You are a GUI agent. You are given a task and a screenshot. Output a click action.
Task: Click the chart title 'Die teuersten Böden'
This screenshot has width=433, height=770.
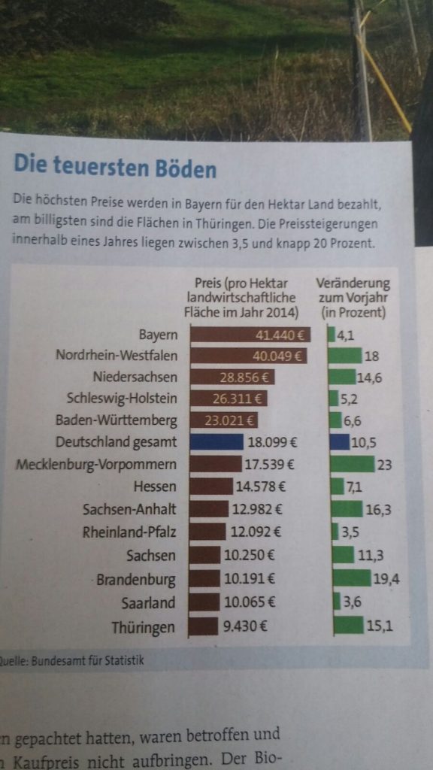[x=114, y=165]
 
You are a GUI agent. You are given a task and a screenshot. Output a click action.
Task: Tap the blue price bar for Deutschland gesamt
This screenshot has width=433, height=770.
[x=216, y=442]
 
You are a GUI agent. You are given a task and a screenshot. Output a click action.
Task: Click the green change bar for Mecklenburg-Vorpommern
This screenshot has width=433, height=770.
[x=352, y=465]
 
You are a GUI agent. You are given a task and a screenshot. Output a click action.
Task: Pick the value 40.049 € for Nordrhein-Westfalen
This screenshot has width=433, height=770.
[x=277, y=356]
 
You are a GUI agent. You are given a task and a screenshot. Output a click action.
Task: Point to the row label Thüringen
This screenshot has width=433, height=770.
[x=143, y=627]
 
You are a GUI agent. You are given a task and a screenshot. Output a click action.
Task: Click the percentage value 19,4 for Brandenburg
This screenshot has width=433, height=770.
[x=385, y=580]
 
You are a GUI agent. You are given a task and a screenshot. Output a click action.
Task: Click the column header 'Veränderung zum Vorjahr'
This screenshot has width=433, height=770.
[x=353, y=297]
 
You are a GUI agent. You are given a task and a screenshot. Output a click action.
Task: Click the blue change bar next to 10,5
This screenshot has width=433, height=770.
[x=340, y=442]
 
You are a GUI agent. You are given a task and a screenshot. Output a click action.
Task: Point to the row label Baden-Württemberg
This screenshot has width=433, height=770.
[x=117, y=420]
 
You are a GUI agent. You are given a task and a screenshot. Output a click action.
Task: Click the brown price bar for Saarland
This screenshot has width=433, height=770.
[x=205, y=602]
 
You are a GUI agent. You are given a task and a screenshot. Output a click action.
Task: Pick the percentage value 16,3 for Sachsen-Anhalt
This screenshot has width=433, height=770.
[x=379, y=510]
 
